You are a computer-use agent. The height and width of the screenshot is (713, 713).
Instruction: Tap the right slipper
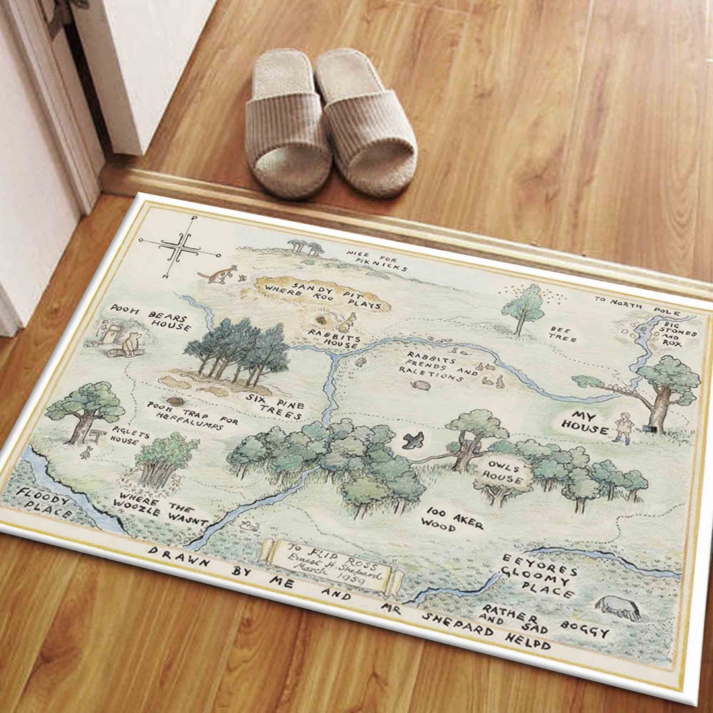click(x=366, y=122)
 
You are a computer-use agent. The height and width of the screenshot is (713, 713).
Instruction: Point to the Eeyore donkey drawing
click(x=618, y=607)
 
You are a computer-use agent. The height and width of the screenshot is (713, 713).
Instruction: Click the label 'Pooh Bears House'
click(x=150, y=317)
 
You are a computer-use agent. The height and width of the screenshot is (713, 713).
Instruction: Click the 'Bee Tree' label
click(x=562, y=333)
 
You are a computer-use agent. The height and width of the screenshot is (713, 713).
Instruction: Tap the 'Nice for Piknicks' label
click(x=377, y=261)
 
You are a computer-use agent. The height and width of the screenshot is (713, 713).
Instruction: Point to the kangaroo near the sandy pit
click(x=218, y=273)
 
